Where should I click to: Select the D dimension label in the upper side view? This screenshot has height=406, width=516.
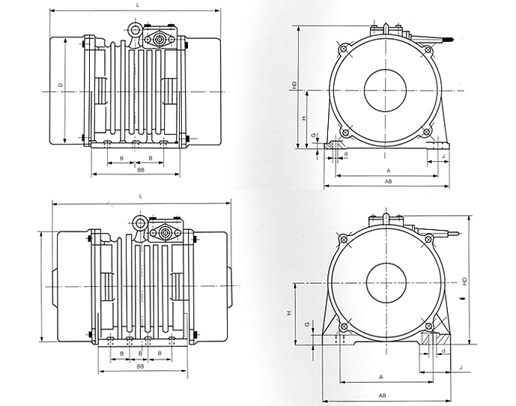59,85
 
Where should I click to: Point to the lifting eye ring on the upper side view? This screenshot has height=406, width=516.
136,31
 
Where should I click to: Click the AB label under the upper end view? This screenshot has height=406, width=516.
388,181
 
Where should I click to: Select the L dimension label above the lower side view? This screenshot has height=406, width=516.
141,196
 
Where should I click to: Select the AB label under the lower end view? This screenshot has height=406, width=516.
382,395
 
